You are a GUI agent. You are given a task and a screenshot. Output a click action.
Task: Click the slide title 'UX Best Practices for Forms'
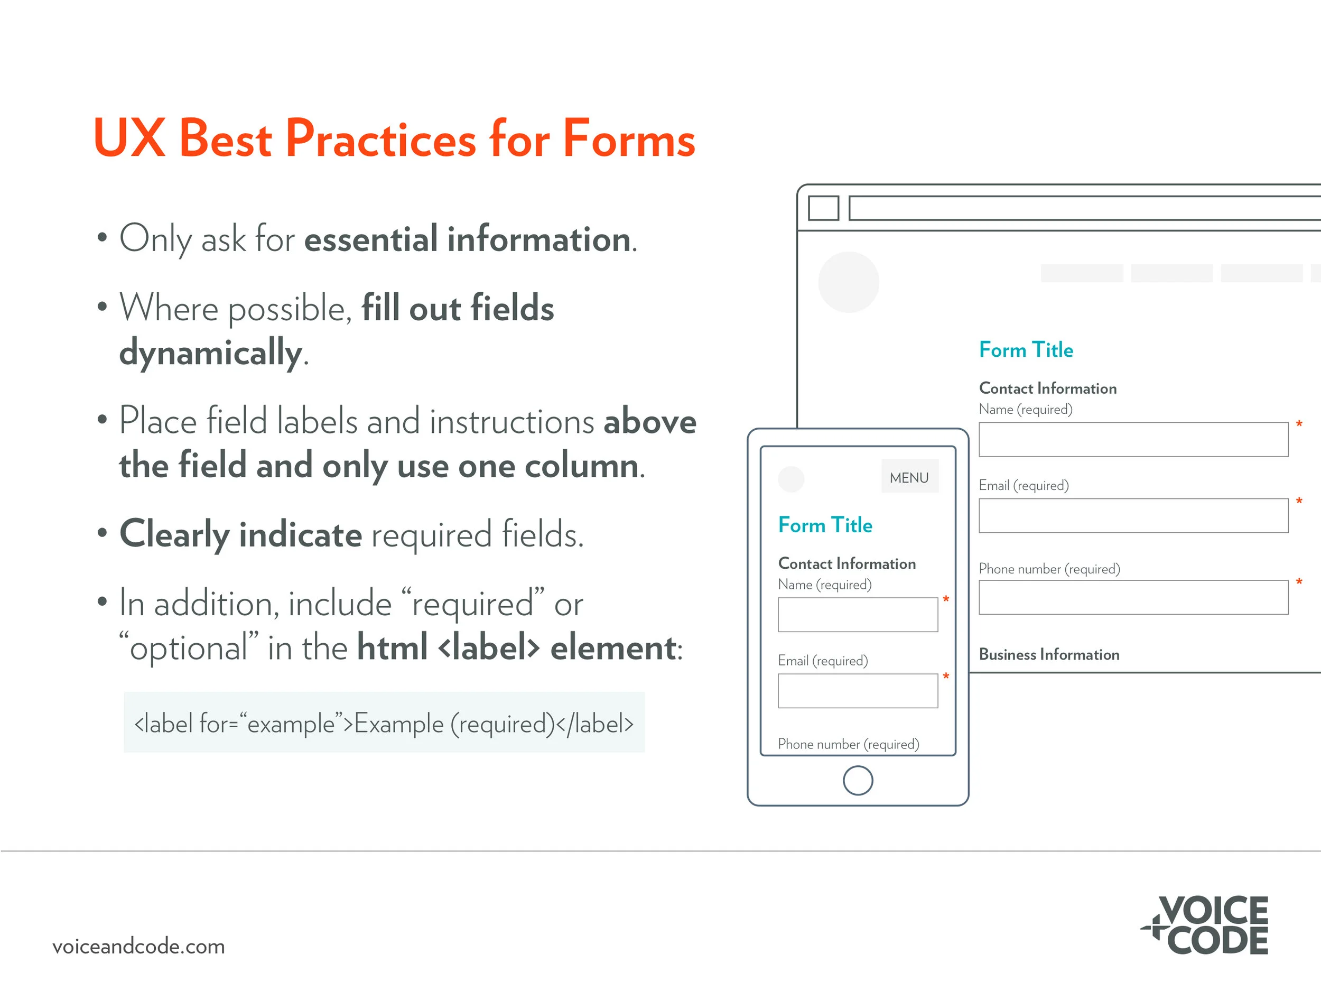click(x=394, y=138)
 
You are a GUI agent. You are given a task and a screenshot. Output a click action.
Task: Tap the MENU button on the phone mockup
click(x=909, y=477)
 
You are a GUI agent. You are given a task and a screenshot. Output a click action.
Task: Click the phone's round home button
click(x=858, y=780)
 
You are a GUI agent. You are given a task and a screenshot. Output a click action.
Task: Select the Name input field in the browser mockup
click(x=1133, y=440)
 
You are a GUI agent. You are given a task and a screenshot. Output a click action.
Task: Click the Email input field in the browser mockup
click(x=1133, y=515)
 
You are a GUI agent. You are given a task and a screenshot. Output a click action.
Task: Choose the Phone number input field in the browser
click(x=1133, y=597)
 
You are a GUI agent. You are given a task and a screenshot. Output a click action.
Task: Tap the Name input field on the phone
click(x=858, y=615)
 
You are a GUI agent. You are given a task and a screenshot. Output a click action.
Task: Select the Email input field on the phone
click(x=858, y=691)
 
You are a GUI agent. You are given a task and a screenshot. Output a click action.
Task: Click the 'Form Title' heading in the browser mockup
click(x=1026, y=350)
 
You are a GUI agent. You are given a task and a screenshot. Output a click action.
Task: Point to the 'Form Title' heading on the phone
click(x=825, y=525)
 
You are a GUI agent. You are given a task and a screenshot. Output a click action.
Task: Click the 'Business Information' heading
click(x=1049, y=655)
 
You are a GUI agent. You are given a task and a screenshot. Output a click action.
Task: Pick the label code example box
click(x=384, y=723)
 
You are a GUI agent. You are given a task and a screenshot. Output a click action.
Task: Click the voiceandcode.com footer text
click(x=138, y=947)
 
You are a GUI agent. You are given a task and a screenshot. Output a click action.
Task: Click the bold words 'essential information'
click(x=468, y=239)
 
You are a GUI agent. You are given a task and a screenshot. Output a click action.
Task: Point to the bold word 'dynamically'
click(x=211, y=353)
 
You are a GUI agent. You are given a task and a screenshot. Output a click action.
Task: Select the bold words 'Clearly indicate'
click(x=240, y=534)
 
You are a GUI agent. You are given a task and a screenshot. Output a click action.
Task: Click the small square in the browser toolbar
click(x=823, y=208)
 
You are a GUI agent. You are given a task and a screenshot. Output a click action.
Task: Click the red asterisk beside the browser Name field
click(x=1299, y=424)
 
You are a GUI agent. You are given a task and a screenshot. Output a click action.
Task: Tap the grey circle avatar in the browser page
click(x=848, y=282)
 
